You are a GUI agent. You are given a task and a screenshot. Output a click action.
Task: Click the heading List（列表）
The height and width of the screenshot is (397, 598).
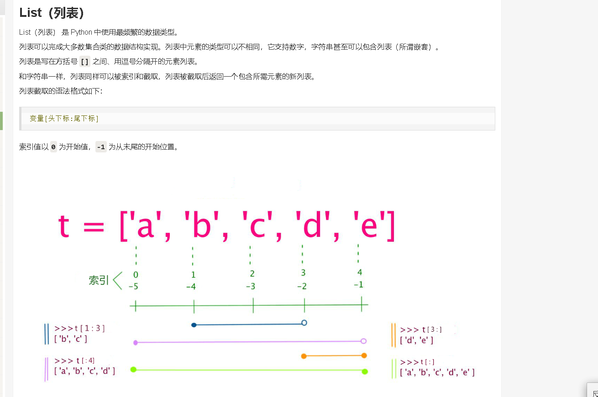52,13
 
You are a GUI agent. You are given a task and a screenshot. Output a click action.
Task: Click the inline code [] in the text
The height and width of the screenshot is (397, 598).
85,62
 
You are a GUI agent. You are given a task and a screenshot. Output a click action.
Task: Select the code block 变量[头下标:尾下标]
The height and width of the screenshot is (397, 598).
64,119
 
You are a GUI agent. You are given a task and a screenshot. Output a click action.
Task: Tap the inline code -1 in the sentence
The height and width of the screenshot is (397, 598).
101,147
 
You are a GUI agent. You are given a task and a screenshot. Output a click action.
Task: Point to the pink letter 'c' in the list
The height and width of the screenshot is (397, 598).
257,227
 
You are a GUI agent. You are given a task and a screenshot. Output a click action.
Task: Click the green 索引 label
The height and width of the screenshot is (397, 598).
99,280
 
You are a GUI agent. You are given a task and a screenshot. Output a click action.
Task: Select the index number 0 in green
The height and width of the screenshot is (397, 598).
136,275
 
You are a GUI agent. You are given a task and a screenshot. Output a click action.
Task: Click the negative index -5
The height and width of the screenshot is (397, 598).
134,287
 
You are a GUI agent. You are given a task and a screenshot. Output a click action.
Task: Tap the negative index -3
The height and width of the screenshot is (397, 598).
251,287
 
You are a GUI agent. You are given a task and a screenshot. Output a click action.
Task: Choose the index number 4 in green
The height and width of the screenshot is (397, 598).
360,272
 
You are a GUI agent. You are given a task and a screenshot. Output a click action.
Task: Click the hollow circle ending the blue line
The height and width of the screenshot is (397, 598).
304,323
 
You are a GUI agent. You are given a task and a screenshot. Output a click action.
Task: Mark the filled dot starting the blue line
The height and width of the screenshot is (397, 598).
194,325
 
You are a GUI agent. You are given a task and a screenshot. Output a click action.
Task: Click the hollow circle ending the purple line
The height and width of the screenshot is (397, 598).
363,341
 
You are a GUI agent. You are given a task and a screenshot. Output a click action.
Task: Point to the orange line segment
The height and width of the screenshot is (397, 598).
334,355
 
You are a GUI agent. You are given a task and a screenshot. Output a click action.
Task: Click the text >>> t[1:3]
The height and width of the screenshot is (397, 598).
79,328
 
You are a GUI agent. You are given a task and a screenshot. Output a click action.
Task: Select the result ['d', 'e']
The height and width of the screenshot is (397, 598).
416,340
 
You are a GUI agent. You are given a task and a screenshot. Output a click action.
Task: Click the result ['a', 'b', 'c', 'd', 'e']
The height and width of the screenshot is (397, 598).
437,372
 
